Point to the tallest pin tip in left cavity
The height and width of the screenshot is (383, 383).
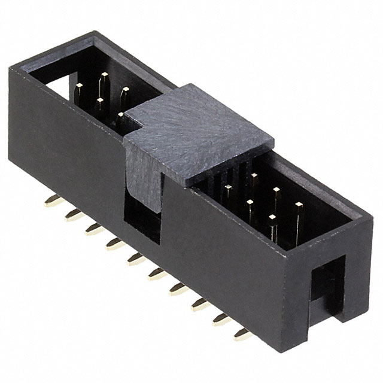pos(104,78)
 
